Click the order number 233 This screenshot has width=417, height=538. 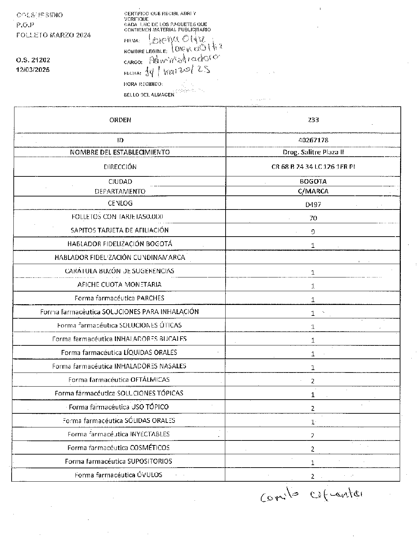[313, 120]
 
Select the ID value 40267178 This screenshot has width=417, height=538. [313, 140]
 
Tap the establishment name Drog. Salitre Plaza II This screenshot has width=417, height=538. [313, 152]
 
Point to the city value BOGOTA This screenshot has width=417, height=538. [313, 182]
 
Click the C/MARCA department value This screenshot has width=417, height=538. [313, 191]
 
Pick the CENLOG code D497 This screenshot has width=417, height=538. [313, 204]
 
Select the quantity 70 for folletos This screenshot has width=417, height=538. [313, 218]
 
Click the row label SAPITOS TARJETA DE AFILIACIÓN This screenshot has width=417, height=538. [119, 230]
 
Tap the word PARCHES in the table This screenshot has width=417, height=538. [151, 298]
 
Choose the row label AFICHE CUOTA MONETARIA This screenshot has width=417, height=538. [119, 284]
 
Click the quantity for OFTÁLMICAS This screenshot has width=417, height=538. [313, 381]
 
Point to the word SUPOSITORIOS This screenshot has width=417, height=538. [150, 461]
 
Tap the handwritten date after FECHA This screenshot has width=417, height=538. [178, 71]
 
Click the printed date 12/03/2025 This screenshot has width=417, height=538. [33, 70]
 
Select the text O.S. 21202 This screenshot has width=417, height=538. [33, 60]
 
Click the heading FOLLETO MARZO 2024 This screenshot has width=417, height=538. [54, 35]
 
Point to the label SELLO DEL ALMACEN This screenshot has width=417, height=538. [149, 95]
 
